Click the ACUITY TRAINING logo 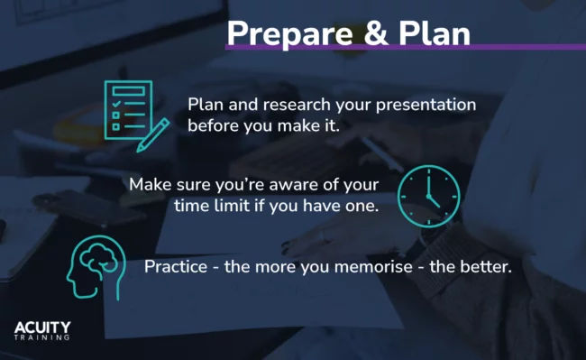point(42,330)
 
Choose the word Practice point(177,267)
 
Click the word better point(486,267)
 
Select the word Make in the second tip point(149,185)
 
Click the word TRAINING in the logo point(42,337)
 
